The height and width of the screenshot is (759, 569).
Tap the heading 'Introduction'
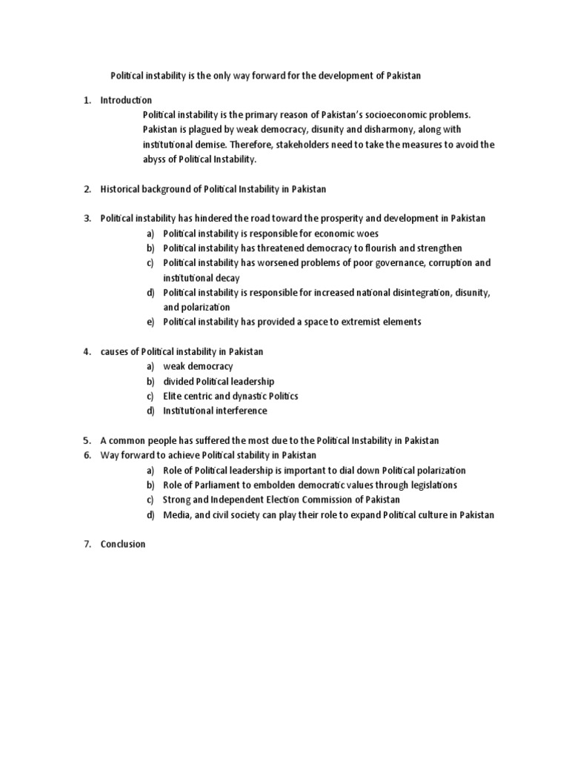(x=126, y=100)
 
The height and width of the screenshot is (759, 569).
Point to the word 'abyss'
(x=155, y=159)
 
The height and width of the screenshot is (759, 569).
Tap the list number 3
(x=87, y=219)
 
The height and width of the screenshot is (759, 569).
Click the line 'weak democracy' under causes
(x=198, y=366)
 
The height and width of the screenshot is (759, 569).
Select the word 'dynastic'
(x=239, y=396)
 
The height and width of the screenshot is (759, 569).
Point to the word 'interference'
(x=240, y=411)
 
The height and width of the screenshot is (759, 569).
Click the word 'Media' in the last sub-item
(x=176, y=514)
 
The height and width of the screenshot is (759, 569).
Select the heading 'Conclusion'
(x=123, y=544)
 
